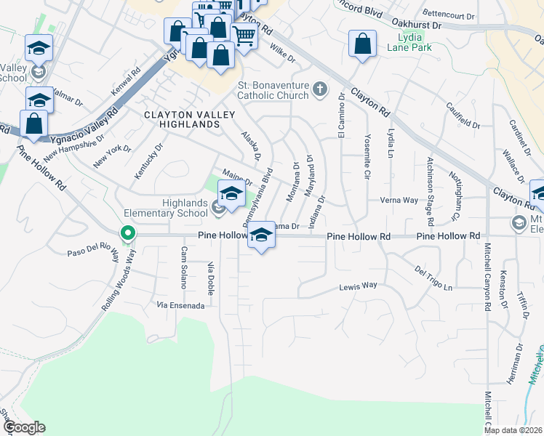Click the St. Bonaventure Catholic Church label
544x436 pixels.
point(273,91)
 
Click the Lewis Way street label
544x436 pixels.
point(359,286)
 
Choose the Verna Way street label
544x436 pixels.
point(399,200)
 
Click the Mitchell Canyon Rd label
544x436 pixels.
point(487,283)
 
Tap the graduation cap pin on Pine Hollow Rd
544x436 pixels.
point(262,235)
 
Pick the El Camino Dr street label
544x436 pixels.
point(340,116)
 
